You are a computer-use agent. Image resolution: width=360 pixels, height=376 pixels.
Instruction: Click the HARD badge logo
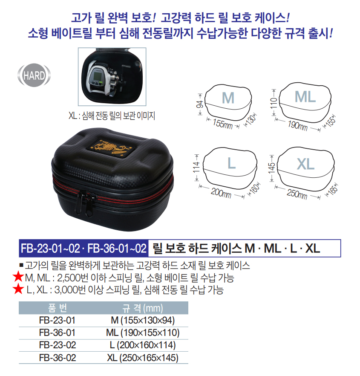[x=34, y=75]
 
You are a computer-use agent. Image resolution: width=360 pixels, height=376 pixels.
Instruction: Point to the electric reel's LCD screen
[x=98, y=77]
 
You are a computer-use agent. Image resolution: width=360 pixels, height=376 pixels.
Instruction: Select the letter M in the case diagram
[x=228, y=98]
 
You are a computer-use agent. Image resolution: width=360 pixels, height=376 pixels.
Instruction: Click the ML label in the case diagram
[x=305, y=97]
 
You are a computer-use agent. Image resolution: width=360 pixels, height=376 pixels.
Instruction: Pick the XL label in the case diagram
[x=305, y=164]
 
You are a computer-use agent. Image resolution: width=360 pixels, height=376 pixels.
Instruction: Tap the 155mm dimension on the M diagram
[x=223, y=124]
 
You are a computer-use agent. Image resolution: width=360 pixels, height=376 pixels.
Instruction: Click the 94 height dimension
[x=199, y=104]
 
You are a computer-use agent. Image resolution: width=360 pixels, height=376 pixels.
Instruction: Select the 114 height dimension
[x=196, y=168]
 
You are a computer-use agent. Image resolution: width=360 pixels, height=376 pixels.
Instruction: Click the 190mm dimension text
[x=297, y=125]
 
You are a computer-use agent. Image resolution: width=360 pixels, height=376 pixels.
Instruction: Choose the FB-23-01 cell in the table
[x=57, y=321]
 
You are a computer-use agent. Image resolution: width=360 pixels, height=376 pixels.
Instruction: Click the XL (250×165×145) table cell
[x=143, y=358]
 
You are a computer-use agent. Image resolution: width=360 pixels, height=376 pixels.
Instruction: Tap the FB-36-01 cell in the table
[x=57, y=333]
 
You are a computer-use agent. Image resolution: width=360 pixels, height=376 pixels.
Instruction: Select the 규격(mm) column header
[x=143, y=308]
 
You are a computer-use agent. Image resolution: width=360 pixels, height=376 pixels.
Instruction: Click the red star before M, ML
[x=18, y=277]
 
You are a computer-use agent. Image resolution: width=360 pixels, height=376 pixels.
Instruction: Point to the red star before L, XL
[x=18, y=289]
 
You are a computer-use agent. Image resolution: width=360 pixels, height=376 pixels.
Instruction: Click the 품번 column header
[x=58, y=308]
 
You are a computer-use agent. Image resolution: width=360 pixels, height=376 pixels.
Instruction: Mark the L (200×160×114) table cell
[x=143, y=345]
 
